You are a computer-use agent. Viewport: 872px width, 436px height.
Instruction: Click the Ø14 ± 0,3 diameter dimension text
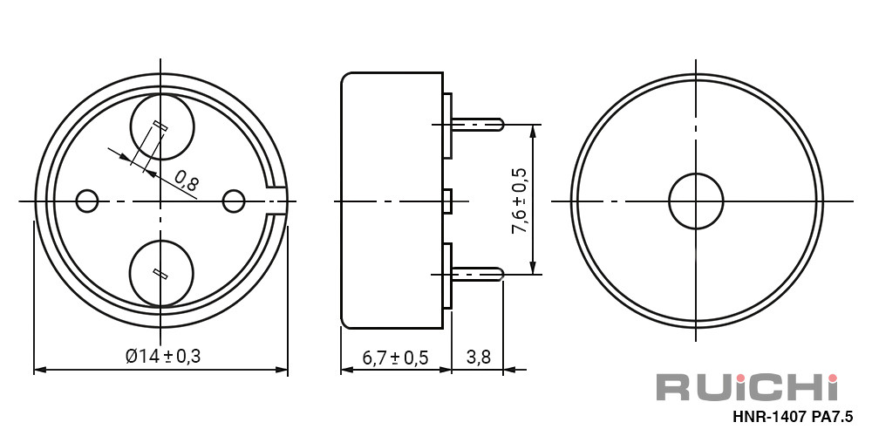(163, 356)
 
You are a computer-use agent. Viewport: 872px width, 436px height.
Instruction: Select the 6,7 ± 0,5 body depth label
(395, 357)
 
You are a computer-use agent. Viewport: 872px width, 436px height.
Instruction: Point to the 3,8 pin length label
(478, 357)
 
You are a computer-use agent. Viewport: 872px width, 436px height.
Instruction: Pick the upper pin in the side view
(477, 124)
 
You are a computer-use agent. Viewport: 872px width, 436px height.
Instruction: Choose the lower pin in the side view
(477, 274)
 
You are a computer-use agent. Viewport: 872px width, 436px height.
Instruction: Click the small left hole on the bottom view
(86, 201)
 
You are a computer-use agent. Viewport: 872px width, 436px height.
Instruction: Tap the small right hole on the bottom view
(234, 201)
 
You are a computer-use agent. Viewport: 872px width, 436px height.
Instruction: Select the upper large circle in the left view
(162, 127)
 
